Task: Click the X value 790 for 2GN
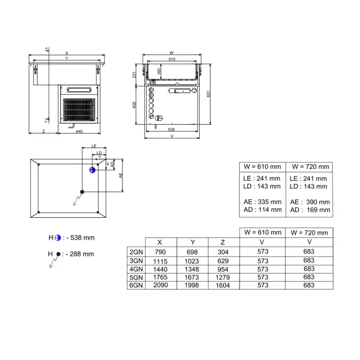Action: [x=160, y=252]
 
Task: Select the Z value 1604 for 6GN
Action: [x=223, y=285]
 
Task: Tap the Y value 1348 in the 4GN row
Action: [x=191, y=269]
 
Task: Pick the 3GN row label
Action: [x=136, y=261]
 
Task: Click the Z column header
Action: [x=223, y=242]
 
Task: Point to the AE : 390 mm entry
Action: [x=310, y=202]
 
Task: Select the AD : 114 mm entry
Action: [x=263, y=210]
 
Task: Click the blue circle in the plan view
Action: [x=92, y=170]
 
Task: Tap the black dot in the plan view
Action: [x=82, y=191]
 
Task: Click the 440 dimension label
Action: [x=79, y=131]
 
